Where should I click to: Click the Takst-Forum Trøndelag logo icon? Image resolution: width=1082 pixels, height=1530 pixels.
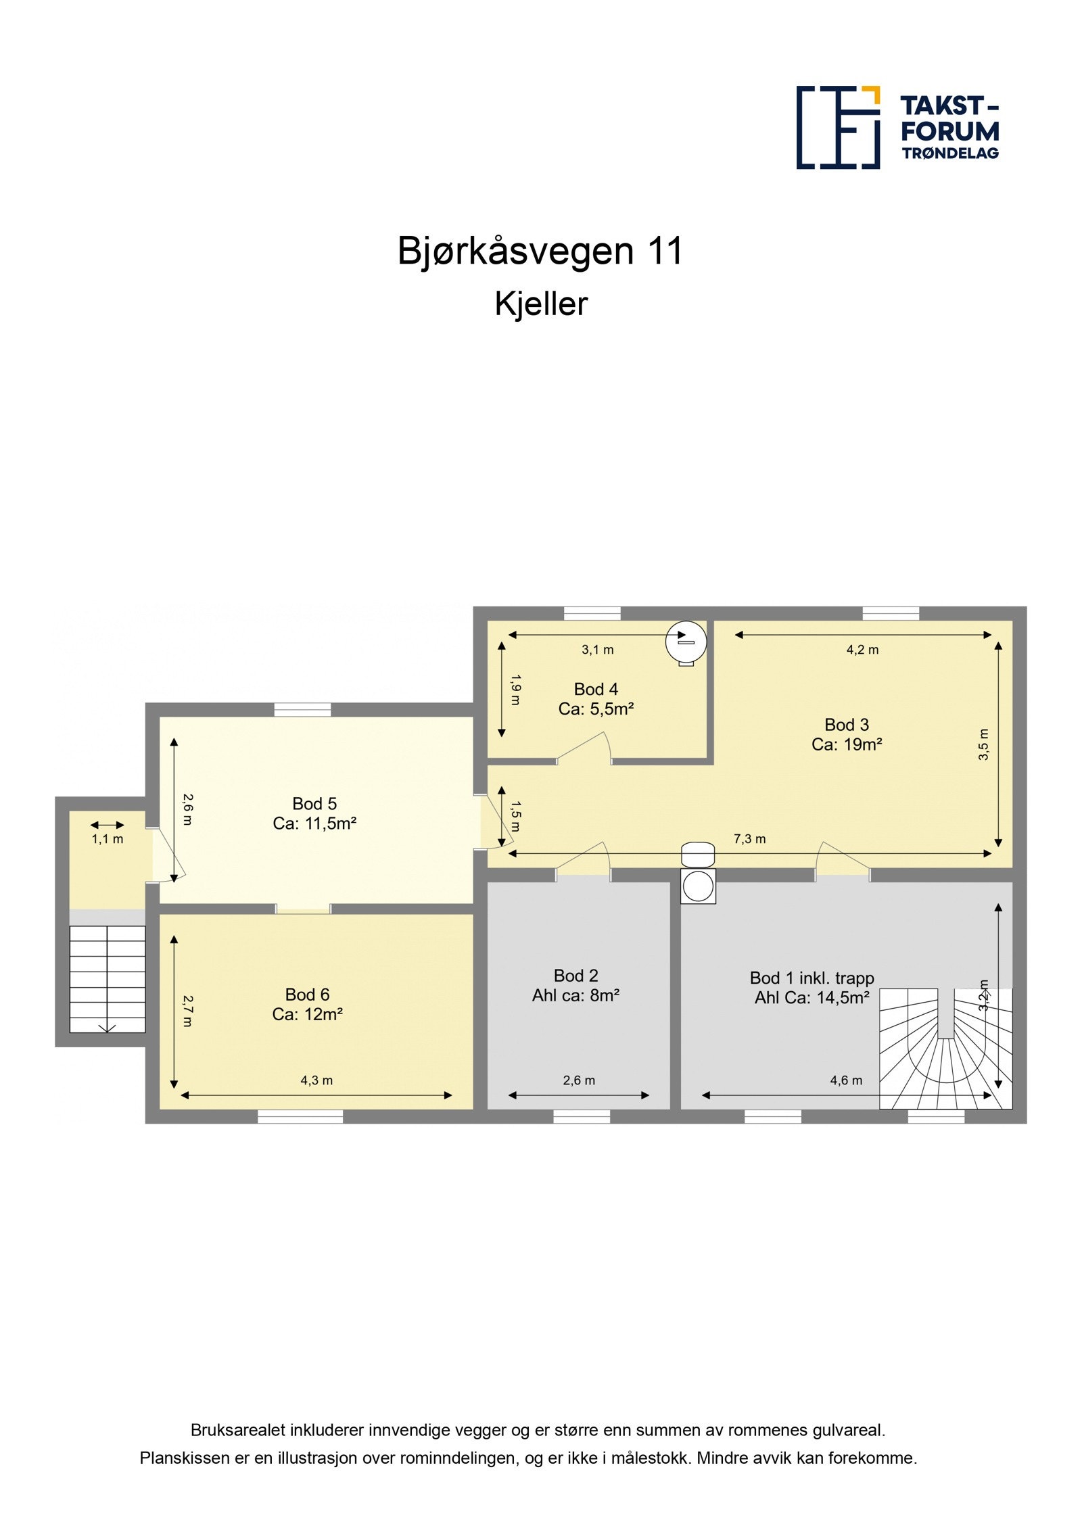point(837,127)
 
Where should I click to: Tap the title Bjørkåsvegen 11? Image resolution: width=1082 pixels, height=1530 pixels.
point(540,251)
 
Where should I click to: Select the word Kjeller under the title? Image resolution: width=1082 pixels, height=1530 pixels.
point(540,304)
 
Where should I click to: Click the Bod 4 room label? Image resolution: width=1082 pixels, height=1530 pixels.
point(596,689)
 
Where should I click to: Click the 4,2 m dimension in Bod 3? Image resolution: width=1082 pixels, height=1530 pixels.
point(862,650)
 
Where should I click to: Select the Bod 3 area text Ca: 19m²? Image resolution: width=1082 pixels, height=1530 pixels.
point(847,744)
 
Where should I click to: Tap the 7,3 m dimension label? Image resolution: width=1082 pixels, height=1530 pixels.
point(750,839)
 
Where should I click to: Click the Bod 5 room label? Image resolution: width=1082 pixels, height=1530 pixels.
point(314,803)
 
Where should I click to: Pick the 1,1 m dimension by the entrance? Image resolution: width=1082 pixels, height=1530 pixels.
point(108,839)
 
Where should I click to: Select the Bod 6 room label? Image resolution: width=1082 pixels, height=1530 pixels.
point(307,994)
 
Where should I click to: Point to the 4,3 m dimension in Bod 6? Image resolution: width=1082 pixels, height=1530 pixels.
point(316,1080)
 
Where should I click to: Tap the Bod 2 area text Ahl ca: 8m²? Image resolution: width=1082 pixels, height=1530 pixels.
point(575,995)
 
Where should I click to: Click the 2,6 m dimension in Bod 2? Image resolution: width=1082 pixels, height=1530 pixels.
point(579,1080)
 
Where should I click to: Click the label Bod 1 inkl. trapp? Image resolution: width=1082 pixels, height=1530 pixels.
point(811,978)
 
